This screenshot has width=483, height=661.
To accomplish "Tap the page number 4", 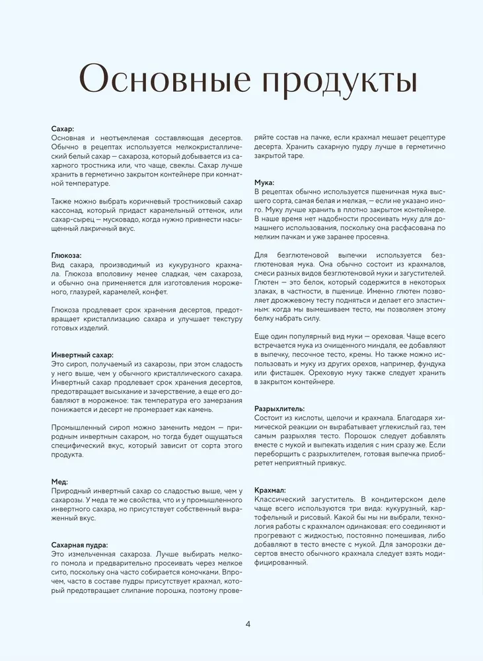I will [x=247, y=623].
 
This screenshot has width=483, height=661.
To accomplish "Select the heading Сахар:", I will [x=63, y=128].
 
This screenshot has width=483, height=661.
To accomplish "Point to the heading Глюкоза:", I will [x=67, y=255].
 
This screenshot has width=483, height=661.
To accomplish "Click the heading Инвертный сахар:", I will [x=83, y=354].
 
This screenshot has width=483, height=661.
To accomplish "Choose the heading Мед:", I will [x=59, y=482].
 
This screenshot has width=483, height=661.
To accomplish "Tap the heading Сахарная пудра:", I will [x=79, y=544].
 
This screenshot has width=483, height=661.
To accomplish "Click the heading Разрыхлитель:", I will [x=279, y=408].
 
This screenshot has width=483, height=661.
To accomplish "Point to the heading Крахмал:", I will [x=270, y=490].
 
